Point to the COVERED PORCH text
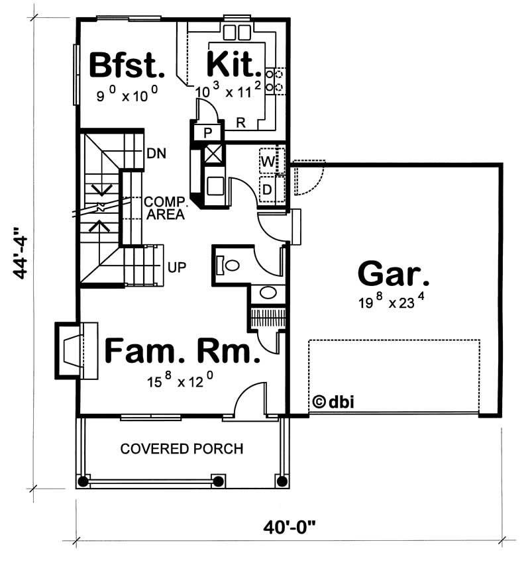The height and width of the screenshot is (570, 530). (182, 449)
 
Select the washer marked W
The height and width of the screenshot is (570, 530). (269, 161)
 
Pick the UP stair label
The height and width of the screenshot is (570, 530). (176, 267)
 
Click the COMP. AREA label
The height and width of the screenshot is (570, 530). (164, 207)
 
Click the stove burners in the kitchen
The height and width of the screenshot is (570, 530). (274, 80)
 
